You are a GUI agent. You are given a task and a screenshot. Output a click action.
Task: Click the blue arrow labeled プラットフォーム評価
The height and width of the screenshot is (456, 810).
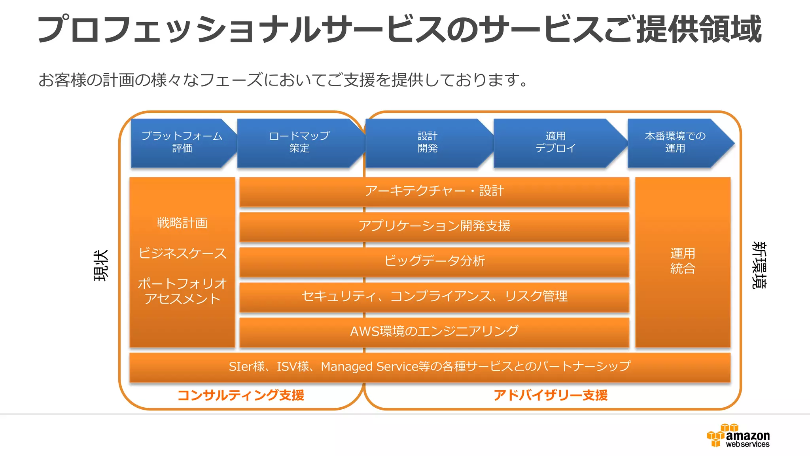point(182,142)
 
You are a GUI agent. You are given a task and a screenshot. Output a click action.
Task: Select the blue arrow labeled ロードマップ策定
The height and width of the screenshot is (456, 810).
point(299,142)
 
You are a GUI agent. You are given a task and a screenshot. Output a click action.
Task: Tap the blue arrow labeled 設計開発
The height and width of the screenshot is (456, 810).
point(428,142)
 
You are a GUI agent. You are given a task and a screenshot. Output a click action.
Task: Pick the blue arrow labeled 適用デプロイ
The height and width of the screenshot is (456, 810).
point(556,142)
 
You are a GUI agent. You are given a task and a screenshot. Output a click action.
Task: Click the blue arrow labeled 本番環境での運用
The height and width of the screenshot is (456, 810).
point(675,142)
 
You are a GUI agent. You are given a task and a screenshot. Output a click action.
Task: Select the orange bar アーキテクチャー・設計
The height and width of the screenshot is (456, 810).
point(434,191)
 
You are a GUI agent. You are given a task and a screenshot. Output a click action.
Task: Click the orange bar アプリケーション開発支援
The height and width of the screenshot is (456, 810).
point(434,226)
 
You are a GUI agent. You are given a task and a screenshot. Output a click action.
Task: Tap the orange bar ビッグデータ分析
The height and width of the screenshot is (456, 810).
point(434,261)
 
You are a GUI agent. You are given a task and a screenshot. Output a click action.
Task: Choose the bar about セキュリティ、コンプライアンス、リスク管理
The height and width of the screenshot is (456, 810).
point(434,296)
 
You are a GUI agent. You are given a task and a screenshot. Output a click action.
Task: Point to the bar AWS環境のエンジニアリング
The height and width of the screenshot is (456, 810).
point(434,331)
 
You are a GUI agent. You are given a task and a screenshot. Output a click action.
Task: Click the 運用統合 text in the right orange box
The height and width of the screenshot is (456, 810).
point(683,261)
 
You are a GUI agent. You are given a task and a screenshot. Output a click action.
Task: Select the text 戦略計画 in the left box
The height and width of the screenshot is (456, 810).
point(182,223)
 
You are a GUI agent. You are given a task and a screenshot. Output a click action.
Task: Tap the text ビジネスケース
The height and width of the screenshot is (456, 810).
point(182,253)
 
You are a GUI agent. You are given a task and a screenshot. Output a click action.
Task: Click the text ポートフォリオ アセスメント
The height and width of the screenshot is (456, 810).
point(182,291)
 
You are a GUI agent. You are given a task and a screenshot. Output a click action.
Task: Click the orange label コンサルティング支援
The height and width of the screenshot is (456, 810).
point(240,395)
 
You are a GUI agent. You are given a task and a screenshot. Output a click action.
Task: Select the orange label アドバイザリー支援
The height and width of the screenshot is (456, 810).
point(550,395)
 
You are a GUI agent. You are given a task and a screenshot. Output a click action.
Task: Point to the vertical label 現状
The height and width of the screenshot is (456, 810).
point(101,265)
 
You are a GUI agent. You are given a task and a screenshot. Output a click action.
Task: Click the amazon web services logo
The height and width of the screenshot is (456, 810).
point(738,436)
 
